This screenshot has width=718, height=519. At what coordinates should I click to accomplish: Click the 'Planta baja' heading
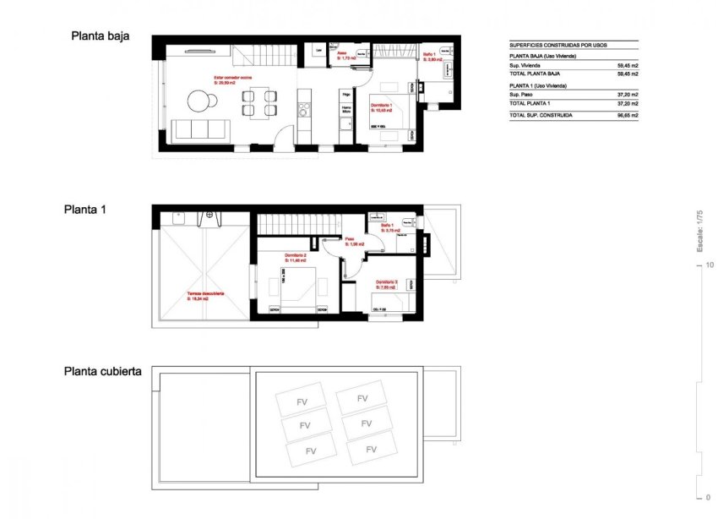tap(100, 36)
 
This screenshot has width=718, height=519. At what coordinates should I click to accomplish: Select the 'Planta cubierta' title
tap(102, 371)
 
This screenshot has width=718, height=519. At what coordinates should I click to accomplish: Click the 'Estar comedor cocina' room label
tap(232, 79)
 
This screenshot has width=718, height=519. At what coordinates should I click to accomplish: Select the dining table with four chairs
tap(258, 102)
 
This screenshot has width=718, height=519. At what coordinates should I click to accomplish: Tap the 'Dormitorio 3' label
tap(386, 283)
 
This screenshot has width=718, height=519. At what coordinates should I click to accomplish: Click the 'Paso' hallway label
tap(349, 240)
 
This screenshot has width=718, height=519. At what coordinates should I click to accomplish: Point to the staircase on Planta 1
tap(296, 224)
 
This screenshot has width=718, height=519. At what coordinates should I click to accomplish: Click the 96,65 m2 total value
tap(627, 114)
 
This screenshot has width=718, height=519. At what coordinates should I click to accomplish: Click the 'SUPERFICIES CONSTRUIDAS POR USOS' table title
tap(558, 45)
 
